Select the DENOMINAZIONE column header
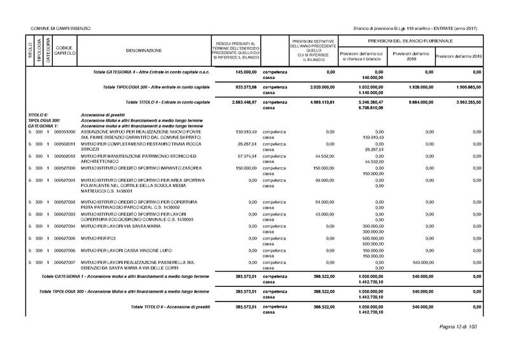click(x=144, y=50)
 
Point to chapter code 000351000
click(x=65, y=132)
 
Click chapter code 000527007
click(x=65, y=262)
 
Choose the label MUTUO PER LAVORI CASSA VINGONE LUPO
click(x=123, y=250)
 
